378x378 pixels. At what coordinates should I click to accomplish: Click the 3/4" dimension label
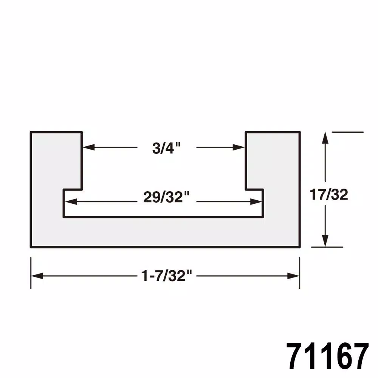[167, 148]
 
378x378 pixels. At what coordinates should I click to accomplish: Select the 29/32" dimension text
[166, 197]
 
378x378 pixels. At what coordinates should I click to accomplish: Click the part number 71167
[327, 356]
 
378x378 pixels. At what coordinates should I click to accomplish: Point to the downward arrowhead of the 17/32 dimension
[325, 241]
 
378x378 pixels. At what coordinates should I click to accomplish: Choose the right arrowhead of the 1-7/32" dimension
[294, 276]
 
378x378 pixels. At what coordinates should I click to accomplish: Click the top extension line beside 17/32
[347, 132]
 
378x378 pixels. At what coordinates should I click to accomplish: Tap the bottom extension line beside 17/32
[327, 247]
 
